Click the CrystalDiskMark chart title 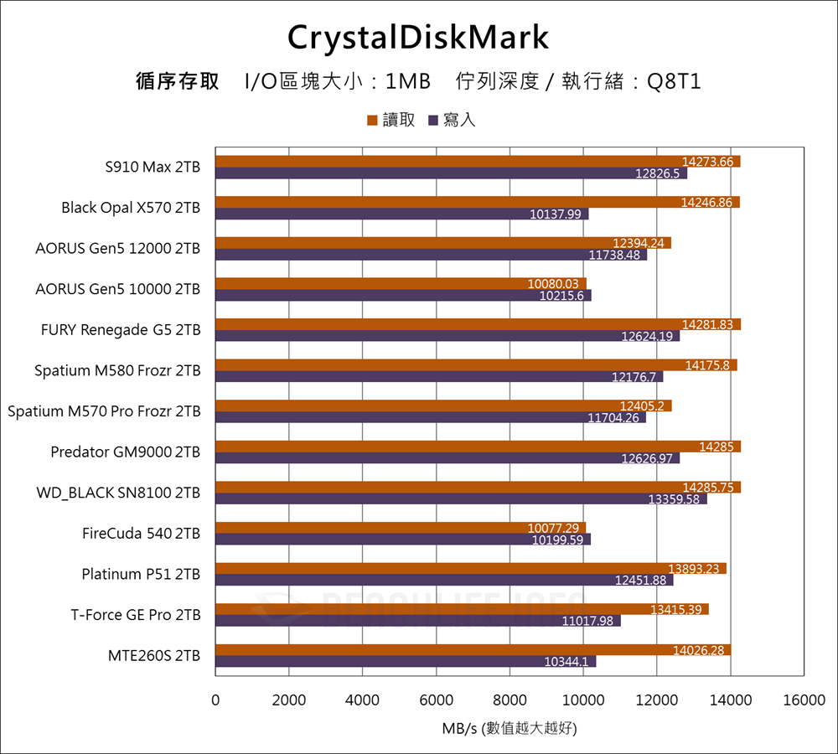[x=418, y=38]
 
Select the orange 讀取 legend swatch [x=372, y=121]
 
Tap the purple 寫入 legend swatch [x=433, y=121]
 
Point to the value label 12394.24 [x=639, y=244]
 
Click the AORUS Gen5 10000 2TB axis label [x=118, y=289]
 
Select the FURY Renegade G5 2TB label [x=121, y=330]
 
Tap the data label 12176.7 [x=634, y=378]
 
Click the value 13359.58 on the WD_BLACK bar [x=674, y=499]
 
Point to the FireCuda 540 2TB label [x=142, y=533]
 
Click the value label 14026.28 [x=701, y=650]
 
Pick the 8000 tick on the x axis [x=510, y=700]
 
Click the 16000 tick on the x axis [x=804, y=700]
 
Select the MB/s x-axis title [x=510, y=729]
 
